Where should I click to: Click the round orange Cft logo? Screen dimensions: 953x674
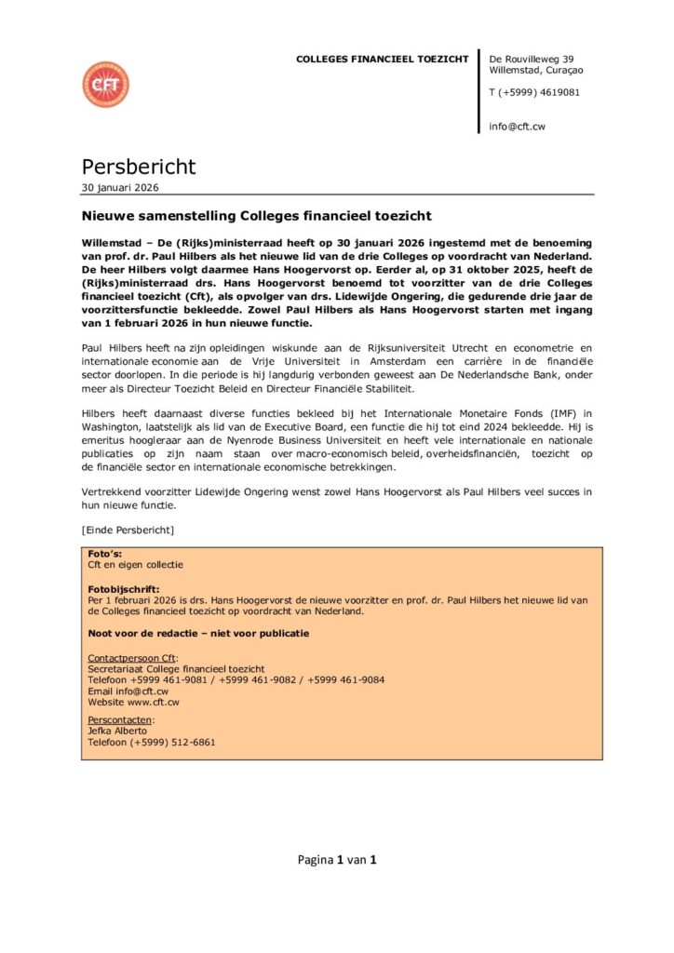tap(105, 85)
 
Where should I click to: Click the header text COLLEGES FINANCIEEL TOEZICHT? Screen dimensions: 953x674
tap(382, 60)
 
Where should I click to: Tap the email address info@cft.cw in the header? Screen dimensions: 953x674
tap(517, 127)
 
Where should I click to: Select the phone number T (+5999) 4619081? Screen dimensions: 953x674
tap(534, 93)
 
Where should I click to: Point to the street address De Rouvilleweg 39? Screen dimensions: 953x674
tap(532, 60)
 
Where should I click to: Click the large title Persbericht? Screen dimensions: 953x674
tap(139, 167)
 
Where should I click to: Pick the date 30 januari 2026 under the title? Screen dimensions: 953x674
tap(120, 187)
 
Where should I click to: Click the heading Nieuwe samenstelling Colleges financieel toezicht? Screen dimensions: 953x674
tap(257, 216)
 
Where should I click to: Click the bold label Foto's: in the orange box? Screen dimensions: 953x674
tap(103, 554)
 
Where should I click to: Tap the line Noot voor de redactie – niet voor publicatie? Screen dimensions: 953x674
tap(198, 634)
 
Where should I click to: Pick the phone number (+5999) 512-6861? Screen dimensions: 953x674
tap(173, 743)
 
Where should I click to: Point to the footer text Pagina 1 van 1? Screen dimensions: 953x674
tap(337, 860)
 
